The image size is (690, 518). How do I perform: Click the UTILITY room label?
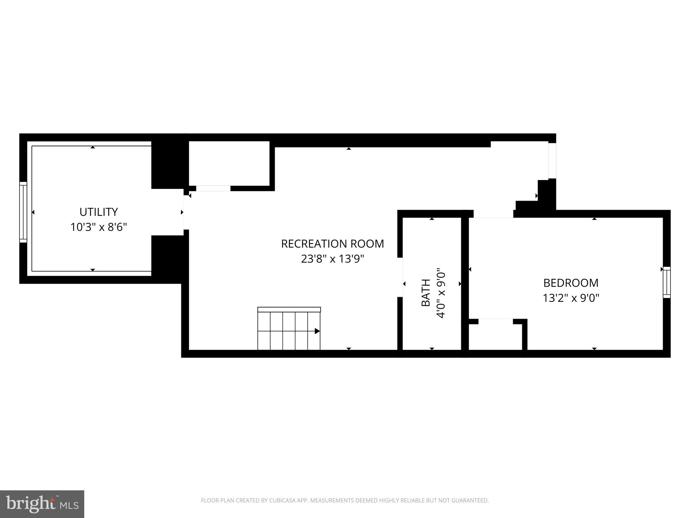pos(98,212)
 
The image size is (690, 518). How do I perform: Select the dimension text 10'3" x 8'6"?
pos(98,227)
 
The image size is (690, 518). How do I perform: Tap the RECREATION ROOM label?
pos(333,244)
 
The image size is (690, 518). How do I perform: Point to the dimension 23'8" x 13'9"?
pos(333,259)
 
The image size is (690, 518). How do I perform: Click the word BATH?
pos(426,293)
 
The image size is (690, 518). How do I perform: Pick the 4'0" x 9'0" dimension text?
pos(441,293)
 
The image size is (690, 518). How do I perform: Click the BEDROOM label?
pos(571,283)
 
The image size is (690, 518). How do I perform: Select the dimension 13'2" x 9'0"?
pos(571,298)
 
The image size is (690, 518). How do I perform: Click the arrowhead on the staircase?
pos(317,331)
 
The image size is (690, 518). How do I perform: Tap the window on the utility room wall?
pos(23,212)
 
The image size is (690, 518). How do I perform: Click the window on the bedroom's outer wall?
pos(666,282)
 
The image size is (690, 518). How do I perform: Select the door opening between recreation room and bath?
pos(400,277)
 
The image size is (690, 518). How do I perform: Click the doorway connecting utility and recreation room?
pos(186,212)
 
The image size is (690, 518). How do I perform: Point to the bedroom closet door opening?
pos(496,321)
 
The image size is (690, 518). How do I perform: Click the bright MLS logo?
pos(42,504)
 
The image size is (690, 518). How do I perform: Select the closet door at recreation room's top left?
pos(213,188)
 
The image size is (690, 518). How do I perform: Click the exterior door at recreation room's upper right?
pos(552,161)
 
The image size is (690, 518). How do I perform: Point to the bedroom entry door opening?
pos(493,214)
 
